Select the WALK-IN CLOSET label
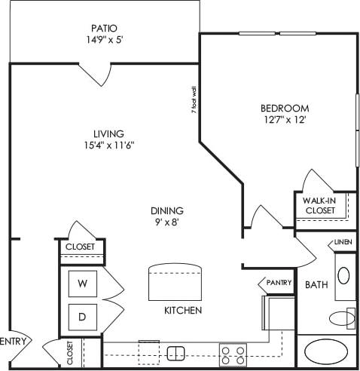click(x=320, y=205)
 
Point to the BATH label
click(x=315, y=285)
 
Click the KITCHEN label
click(x=182, y=310)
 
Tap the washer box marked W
click(x=82, y=284)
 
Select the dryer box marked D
click(x=82, y=316)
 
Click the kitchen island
click(x=176, y=282)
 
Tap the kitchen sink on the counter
click(x=176, y=352)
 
